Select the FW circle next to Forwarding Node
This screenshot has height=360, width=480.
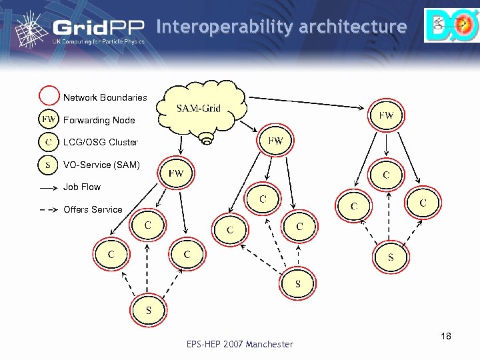coord(49,120)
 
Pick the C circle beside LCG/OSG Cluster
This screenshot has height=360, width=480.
coord(49,142)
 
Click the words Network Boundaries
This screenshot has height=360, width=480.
coord(105,97)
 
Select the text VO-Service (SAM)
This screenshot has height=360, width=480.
coord(101,165)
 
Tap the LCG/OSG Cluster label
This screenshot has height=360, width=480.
coord(101,142)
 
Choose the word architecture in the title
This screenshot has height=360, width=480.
coord(353,27)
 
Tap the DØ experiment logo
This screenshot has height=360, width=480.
coord(451,25)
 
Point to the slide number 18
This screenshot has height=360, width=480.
coord(446,337)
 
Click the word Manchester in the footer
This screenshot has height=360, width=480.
coord(269,344)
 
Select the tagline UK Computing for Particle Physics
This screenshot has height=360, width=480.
coord(98,41)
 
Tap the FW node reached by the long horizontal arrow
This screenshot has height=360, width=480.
coord(386,115)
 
